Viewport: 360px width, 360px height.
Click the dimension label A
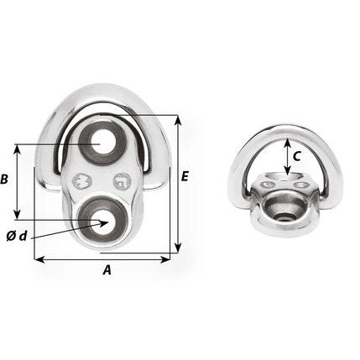(x=106, y=270)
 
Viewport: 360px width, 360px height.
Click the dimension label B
(x=6, y=180)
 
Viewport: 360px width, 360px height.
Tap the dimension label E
(x=185, y=176)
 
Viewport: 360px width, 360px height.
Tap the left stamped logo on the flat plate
(x=82, y=179)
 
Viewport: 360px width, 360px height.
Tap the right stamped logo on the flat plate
(x=123, y=180)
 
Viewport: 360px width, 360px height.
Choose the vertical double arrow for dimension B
(x=18, y=180)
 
